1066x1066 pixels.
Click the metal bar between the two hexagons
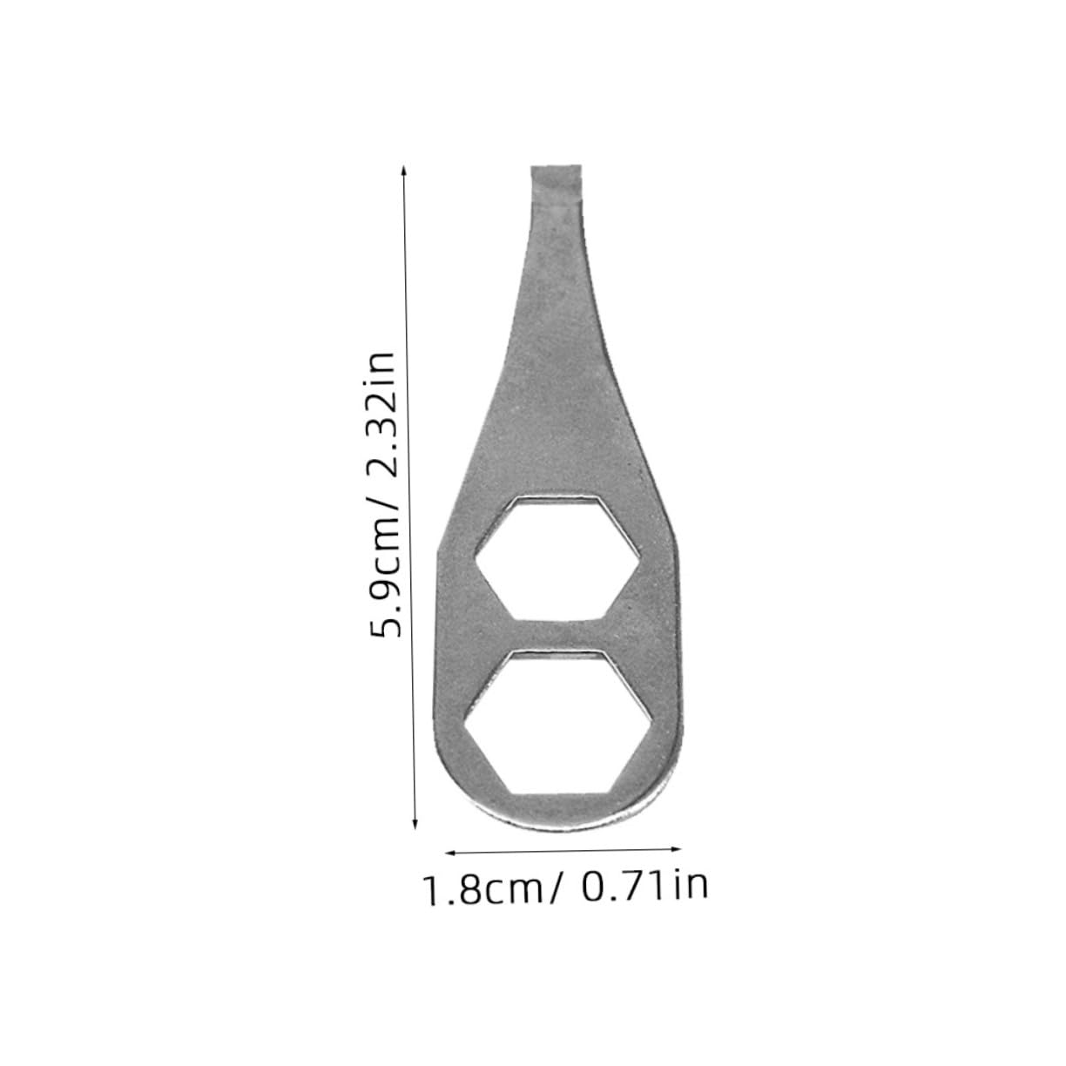pyautogui.click(x=557, y=634)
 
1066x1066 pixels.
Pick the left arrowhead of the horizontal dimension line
pyautogui.click(x=449, y=851)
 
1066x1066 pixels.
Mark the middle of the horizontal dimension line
pyautogui.click(x=563, y=847)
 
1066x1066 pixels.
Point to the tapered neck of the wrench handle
pyautogui.click(x=546, y=287)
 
